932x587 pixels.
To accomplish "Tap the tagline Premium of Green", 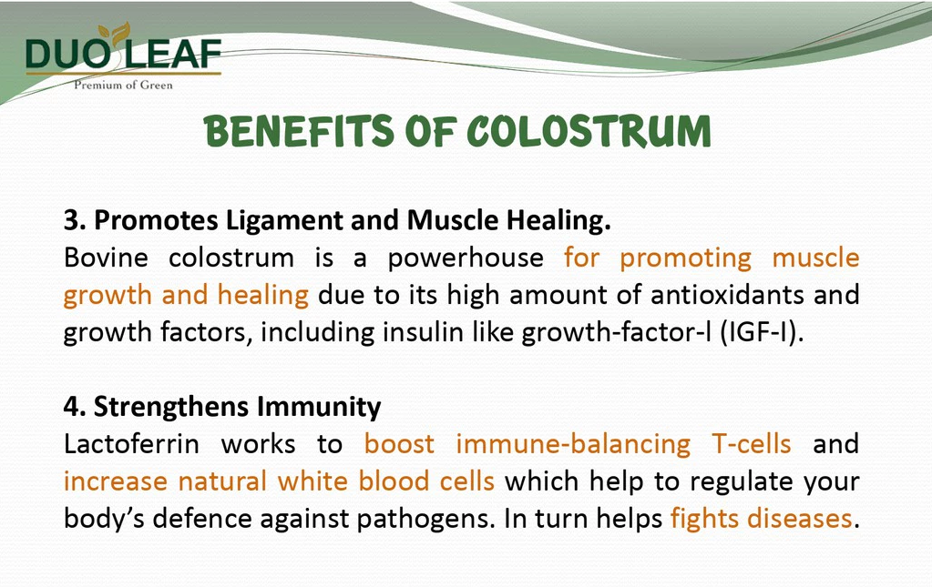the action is click(x=123, y=85).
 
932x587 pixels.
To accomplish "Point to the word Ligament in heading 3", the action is click(x=285, y=221).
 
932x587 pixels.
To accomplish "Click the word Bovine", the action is click(x=106, y=258).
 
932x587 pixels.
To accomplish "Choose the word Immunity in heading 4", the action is click(x=319, y=408).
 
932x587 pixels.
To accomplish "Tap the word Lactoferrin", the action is click(x=131, y=444).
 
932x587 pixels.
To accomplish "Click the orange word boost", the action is click(x=399, y=444).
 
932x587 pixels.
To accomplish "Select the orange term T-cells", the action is click(x=752, y=444).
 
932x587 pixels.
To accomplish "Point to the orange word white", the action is click(x=312, y=481).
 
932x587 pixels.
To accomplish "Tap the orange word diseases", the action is click(x=800, y=518).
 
